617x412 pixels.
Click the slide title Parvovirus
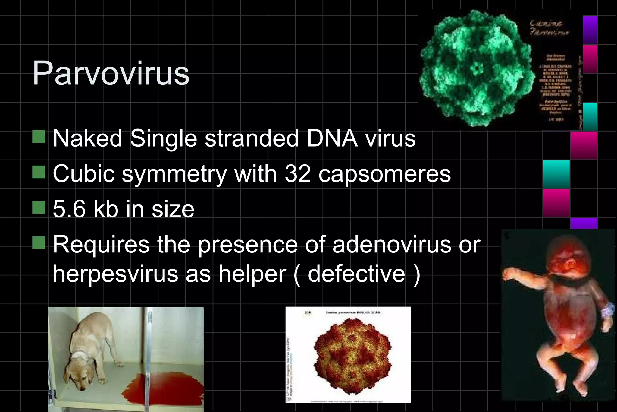pos(111,73)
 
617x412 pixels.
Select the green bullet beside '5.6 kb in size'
pos(39,207)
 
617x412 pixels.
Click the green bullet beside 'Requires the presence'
pos(39,242)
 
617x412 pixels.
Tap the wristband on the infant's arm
pos(607,314)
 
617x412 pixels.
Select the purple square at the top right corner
pos(590,30)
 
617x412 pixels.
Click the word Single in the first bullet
pos(163,138)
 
